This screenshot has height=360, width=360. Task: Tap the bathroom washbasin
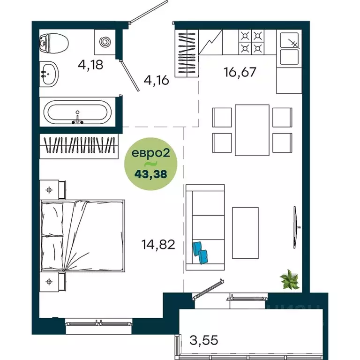[48, 74]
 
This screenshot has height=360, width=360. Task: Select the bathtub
[77, 112]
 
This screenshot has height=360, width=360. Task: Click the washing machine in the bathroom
[105, 42]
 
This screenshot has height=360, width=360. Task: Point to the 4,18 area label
[90, 64]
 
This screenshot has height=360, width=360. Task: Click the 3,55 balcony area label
[203, 339]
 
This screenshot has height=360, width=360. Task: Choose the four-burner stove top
[251, 42]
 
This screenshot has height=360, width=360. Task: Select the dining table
[252, 130]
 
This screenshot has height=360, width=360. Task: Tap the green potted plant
[290, 281]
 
